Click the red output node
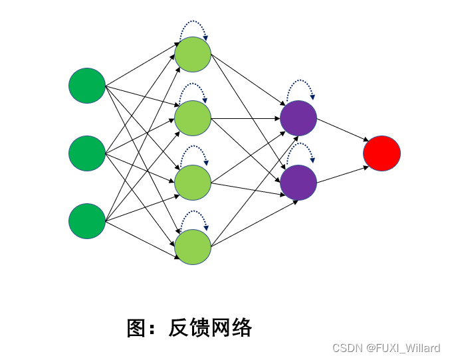pyautogui.click(x=382, y=153)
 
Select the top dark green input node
pyautogui.click(x=87, y=86)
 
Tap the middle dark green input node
pyautogui.click(x=87, y=153)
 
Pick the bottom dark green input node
pyautogui.click(x=87, y=221)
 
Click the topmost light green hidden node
pyautogui.click(x=193, y=54)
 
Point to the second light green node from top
pyautogui.click(x=193, y=118)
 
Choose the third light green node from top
pyautogui.click(x=193, y=182)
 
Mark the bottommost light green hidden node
pyautogui.click(x=193, y=246)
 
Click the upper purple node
pyautogui.click(x=298, y=118)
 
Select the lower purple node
pyautogui.click(x=298, y=181)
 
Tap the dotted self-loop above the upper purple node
pyautogui.click(x=298, y=84)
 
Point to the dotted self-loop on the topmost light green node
pyautogui.click(x=193, y=21)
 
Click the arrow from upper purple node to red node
pyautogui.click(x=342, y=130)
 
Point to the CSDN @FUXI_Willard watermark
pyautogui.click(x=386, y=348)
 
